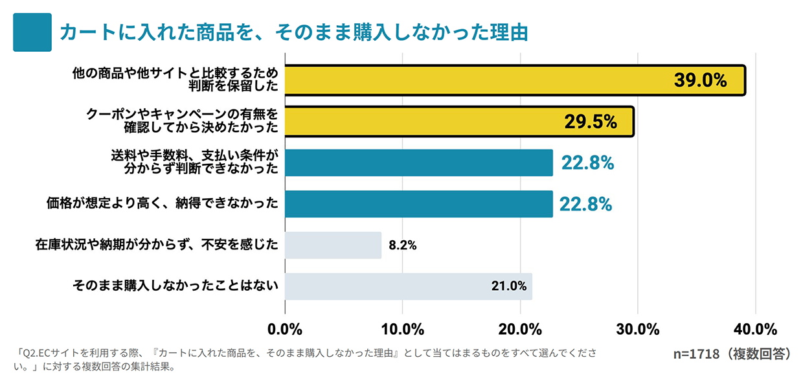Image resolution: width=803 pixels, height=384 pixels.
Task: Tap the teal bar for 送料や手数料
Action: pos(418,163)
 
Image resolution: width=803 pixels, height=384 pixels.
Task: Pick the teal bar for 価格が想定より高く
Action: pos(418,204)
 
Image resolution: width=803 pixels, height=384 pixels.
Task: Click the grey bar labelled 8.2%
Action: pos(333,245)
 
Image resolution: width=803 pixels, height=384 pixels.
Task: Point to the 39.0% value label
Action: pos(701,80)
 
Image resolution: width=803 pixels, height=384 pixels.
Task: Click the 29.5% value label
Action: pos(590,121)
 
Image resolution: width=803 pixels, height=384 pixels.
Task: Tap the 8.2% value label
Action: pos(402,245)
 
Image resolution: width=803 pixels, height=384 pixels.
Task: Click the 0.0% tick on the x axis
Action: pos(285,329)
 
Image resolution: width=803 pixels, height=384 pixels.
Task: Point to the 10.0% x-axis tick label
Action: pos(402,329)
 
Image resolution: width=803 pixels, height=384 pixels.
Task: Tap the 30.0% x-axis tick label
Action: pos(637,329)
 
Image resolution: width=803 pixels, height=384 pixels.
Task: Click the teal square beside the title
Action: pos(32,32)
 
